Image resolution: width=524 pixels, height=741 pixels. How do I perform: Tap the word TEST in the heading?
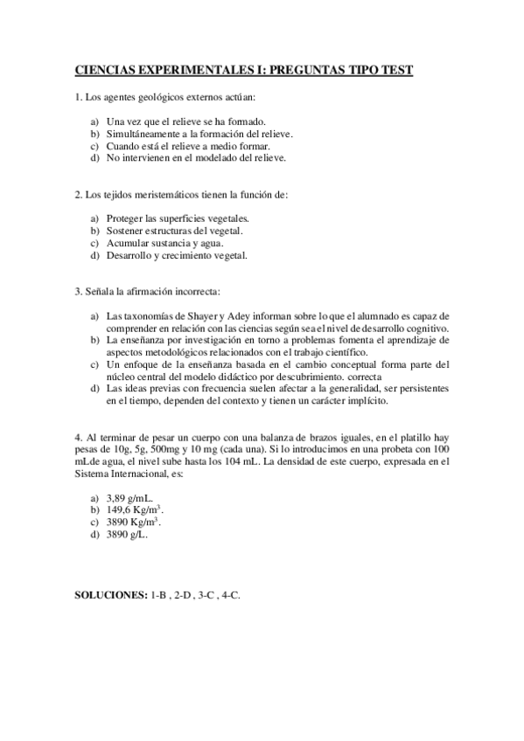[x=394, y=71]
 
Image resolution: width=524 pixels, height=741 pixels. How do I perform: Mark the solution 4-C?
[x=230, y=594]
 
